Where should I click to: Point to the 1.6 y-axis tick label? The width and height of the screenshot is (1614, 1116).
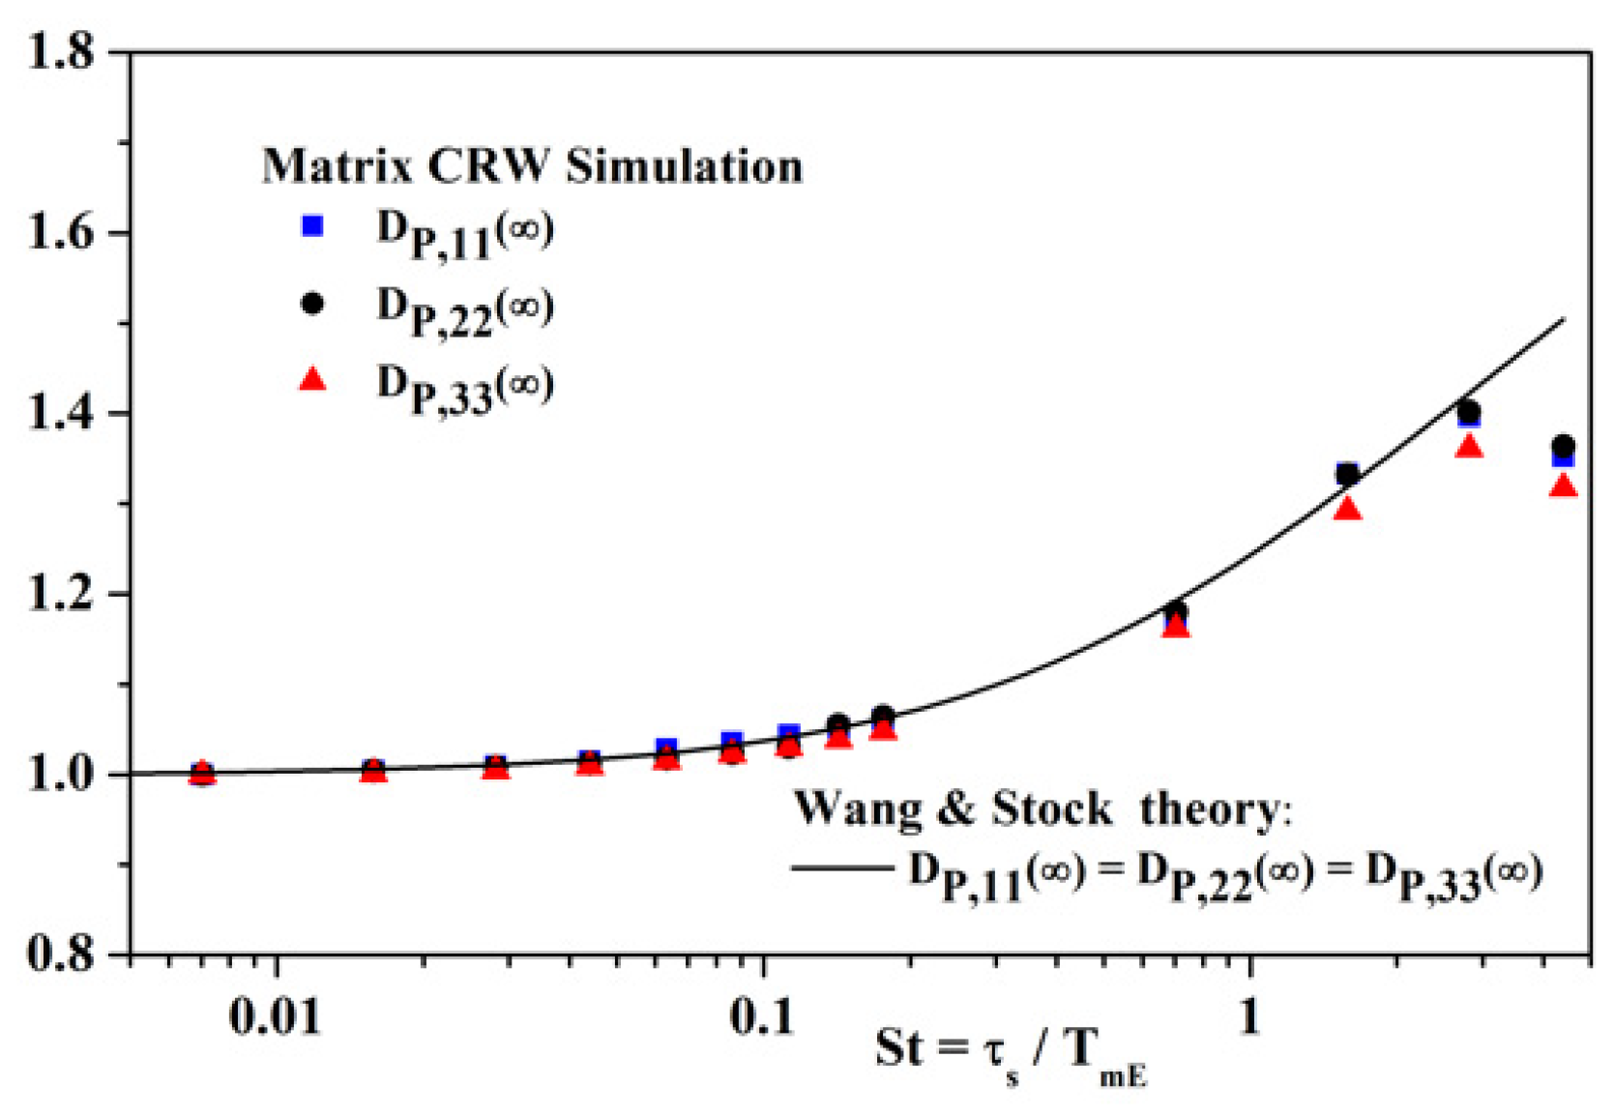coord(61,233)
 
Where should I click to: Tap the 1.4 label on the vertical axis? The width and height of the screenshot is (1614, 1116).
coord(61,414)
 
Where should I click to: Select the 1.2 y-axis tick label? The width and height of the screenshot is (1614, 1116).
coord(61,594)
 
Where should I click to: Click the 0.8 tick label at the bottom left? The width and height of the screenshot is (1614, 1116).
coord(61,954)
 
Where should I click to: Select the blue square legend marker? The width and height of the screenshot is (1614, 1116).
coord(312,226)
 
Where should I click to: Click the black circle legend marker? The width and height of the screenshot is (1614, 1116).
coord(312,304)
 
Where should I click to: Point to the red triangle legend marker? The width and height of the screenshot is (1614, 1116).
coord(312,380)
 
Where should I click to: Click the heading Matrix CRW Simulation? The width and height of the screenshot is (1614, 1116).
coord(532,166)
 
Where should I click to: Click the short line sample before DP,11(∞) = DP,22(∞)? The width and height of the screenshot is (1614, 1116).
coord(841,867)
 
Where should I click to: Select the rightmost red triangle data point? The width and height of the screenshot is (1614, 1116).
coord(1563,486)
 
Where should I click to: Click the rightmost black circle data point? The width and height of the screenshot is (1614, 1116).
coord(1563,446)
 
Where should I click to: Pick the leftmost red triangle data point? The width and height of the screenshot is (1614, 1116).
coord(201,772)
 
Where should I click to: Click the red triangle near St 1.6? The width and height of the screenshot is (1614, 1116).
coord(1347,509)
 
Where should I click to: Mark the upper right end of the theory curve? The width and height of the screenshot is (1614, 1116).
coord(1563,320)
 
